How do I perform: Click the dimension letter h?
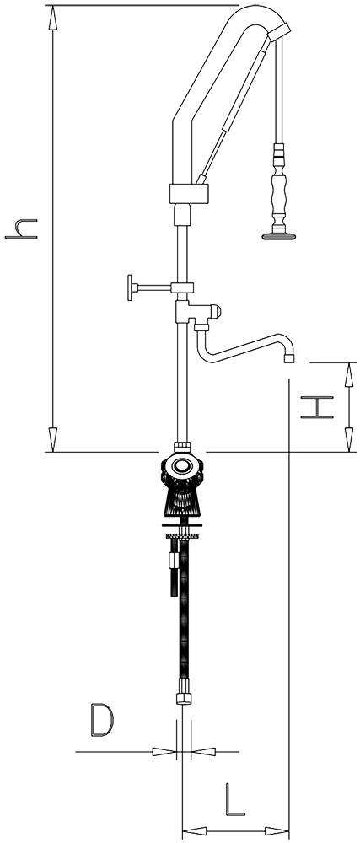[x=21, y=228]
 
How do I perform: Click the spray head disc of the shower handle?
[x=278, y=235]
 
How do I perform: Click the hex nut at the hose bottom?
[x=183, y=698]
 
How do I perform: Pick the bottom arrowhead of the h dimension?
[x=52, y=439]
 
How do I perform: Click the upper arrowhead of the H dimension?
[x=349, y=375]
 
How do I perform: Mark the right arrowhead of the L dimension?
[x=277, y=830]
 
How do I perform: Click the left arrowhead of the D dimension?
[x=164, y=751]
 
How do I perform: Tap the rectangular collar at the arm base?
[x=189, y=194]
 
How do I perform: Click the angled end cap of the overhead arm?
[x=279, y=32]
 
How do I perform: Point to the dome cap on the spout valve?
[x=215, y=311]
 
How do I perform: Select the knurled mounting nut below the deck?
[x=183, y=536]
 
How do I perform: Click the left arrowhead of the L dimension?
[x=195, y=830]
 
